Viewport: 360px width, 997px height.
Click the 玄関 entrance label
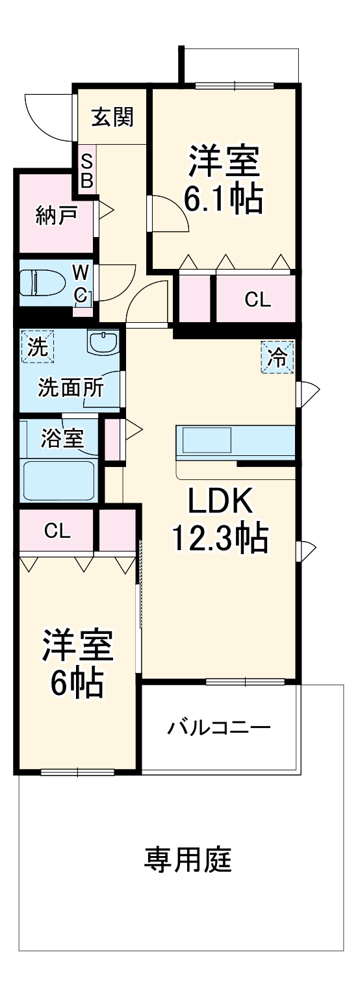(x=112, y=118)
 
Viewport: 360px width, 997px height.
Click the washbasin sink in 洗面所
(x=103, y=342)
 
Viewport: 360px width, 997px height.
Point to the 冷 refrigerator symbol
(x=277, y=357)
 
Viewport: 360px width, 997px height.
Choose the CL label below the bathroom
(x=57, y=531)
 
